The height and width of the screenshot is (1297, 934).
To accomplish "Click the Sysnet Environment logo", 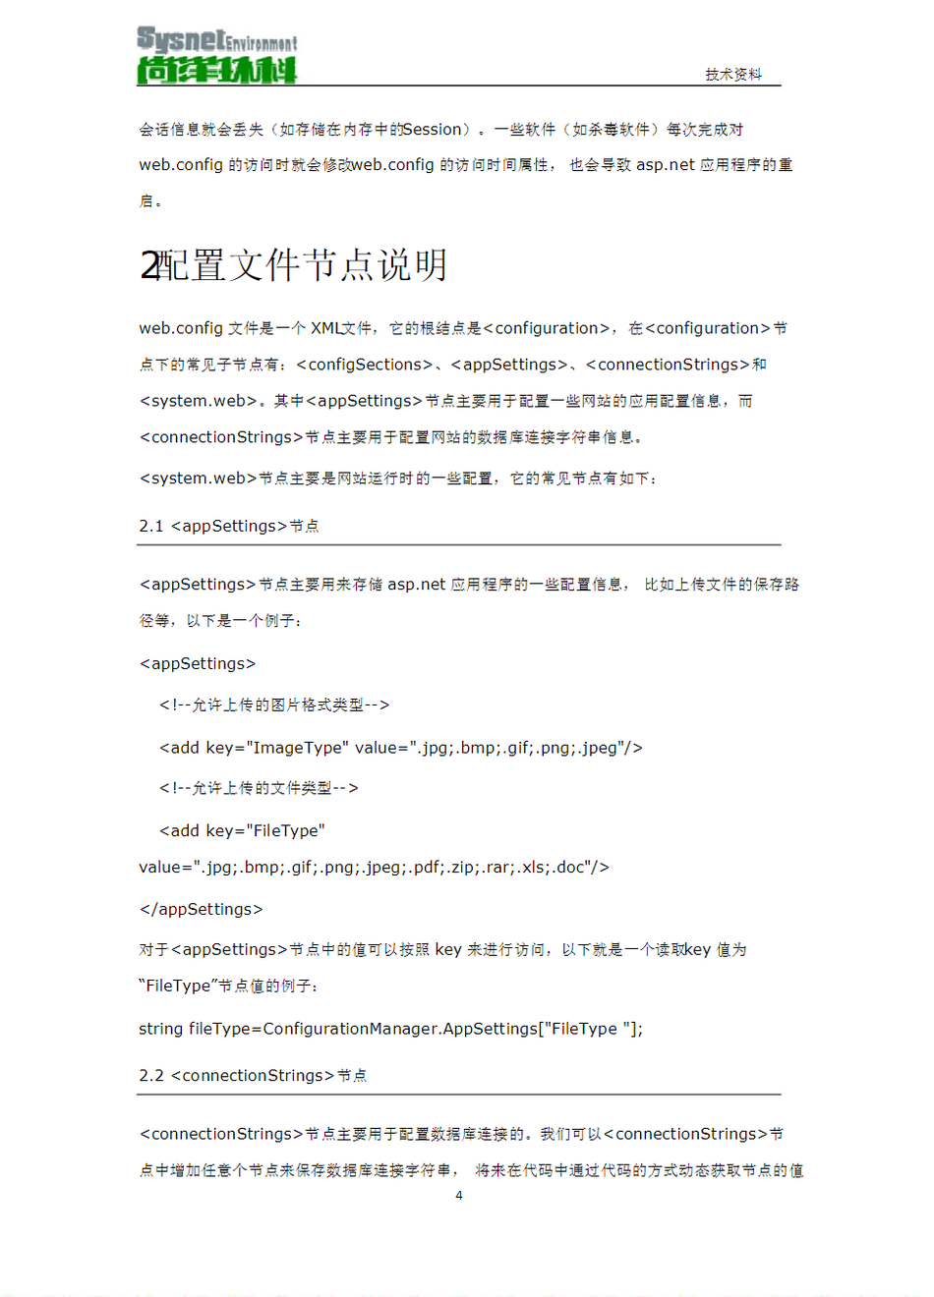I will [x=216, y=55].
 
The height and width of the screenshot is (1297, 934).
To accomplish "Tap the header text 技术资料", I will [x=732, y=75].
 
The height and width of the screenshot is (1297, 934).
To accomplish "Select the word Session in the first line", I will [x=432, y=130].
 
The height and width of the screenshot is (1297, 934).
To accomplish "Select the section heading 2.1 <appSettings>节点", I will [x=229, y=527].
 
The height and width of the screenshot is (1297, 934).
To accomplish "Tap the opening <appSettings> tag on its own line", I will [x=198, y=664].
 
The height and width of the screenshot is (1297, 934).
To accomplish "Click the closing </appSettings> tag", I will [x=201, y=910].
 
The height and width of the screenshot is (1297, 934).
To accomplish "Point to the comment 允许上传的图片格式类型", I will [x=277, y=705].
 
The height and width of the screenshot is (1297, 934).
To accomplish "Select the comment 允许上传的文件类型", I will [x=262, y=788].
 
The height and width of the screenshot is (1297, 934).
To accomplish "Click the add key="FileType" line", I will [x=242, y=831].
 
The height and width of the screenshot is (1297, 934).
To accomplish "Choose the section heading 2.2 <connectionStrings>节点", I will [x=253, y=1076].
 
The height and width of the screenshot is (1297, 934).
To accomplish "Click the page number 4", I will [x=459, y=1196].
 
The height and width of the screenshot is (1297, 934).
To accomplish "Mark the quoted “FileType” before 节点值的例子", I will [x=178, y=987].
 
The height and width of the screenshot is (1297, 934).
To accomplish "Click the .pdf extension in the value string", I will [x=425, y=868].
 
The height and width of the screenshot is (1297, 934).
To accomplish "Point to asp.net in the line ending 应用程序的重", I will [x=665, y=165].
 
